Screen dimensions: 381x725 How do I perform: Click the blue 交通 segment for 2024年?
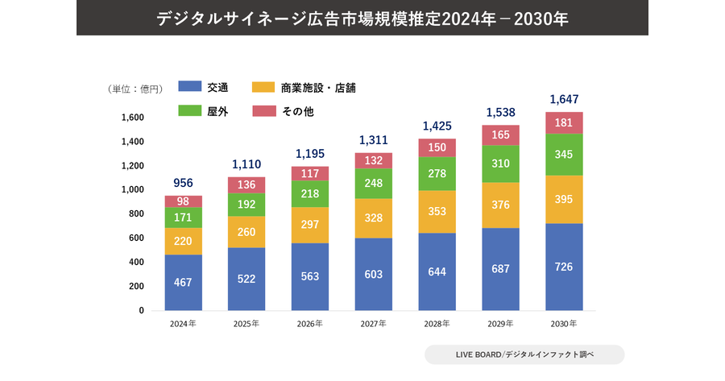[x=184, y=282]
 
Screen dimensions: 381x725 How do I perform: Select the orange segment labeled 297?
[x=310, y=225]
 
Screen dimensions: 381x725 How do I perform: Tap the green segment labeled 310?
[x=500, y=164]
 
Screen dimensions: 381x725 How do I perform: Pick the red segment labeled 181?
[x=563, y=122]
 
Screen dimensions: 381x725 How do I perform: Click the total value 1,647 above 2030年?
[x=563, y=99]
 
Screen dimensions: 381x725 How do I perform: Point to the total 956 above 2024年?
[x=184, y=183]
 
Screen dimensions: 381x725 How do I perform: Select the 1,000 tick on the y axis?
[x=133, y=190]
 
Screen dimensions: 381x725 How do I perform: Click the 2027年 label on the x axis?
[x=373, y=324]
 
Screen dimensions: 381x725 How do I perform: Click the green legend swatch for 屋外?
[x=189, y=111]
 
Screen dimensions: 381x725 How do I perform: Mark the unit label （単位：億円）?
[x=135, y=89]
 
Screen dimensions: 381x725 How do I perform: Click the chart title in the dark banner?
[x=362, y=18]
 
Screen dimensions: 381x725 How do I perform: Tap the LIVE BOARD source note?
[x=524, y=354]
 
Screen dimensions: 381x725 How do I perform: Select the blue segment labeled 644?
[x=437, y=271]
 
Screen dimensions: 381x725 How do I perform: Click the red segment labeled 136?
[x=246, y=184]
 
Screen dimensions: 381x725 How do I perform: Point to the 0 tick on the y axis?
[x=141, y=310]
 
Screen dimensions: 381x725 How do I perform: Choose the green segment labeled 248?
[x=373, y=183]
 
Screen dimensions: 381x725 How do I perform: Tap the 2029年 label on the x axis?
[x=500, y=324]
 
